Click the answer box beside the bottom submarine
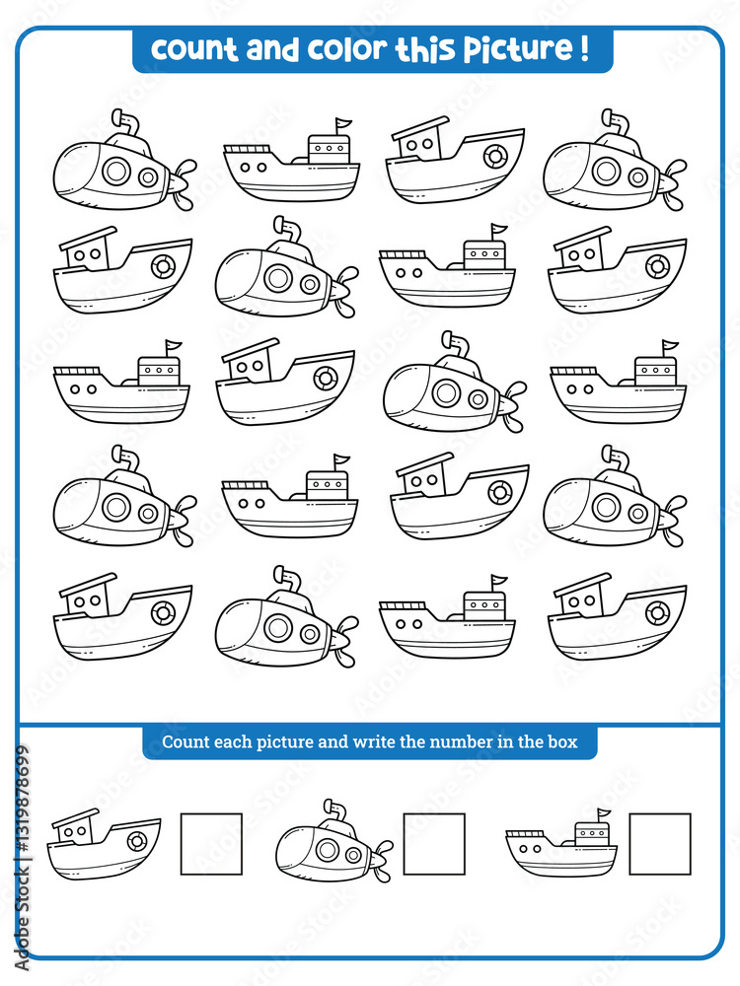(x=434, y=844)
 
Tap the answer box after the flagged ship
(x=660, y=844)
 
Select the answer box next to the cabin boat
(x=211, y=844)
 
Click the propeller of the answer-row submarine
(x=381, y=857)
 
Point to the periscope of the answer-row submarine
(x=335, y=810)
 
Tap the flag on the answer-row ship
(x=603, y=815)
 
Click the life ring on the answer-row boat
(x=136, y=841)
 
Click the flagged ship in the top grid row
(x=292, y=163)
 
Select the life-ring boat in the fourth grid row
(x=459, y=496)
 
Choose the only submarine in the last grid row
(x=284, y=618)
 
